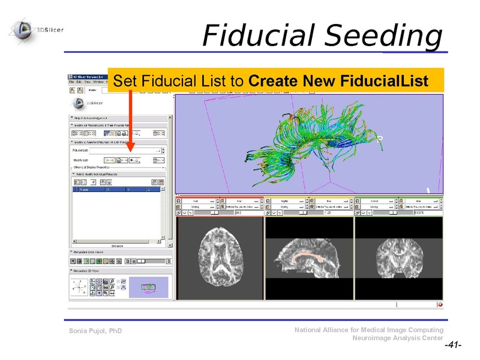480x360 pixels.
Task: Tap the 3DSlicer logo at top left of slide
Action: pyautogui.click(x=24, y=28)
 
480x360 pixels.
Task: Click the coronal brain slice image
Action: pyautogui.click(x=398, y=259)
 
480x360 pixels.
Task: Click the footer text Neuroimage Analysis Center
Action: pyautogui.click(x=398, y=338)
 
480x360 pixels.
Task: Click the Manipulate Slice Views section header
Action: pyautogui.click(x=96, y=253)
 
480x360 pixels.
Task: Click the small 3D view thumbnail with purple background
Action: pyautogui.click(x=148, y=289)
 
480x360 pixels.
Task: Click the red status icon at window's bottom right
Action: pyautogui.click(x=440, y=304)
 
